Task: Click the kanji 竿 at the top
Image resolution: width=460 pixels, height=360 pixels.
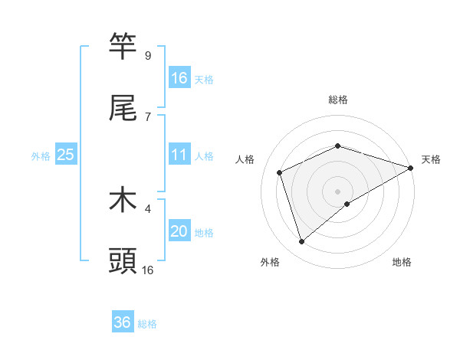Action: [x=123, y=46]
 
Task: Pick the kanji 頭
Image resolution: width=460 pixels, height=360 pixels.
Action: [x=123, y=261]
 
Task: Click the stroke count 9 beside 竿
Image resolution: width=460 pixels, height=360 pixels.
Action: [x=148, y=55]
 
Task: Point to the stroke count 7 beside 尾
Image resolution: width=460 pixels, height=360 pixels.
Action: [x=148, y=116]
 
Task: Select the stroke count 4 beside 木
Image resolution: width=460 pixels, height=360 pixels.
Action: [x=148, y=208]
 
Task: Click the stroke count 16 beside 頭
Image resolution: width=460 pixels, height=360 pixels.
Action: [x=148, y=270]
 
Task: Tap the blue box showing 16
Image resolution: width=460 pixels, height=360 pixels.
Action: [x=179, y=77]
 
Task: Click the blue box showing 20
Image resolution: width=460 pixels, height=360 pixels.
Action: [x=179, y=231]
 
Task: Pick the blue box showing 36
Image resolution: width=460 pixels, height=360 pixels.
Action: [x=123, y=322]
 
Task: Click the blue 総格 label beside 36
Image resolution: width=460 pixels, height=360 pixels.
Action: [x=147, y=324]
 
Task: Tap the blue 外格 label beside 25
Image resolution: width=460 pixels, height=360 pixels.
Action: [x=41, y=155]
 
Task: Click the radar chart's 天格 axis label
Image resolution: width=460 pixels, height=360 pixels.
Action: [x=431, y=159]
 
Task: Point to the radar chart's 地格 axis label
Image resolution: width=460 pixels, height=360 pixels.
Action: [x=402, y=262]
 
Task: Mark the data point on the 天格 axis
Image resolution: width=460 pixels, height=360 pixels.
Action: [x=412, y=168]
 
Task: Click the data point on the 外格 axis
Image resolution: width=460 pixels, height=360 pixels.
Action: [x=302, y=242]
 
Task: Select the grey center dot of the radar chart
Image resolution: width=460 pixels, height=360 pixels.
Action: [x=338, y=191]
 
